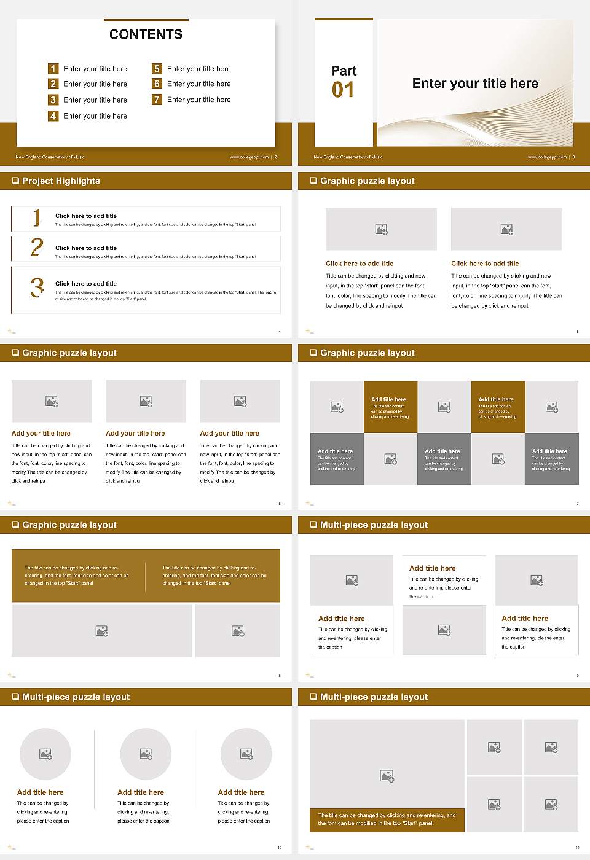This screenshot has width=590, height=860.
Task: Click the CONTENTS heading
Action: pos(146,34)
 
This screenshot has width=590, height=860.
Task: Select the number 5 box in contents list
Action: pos(157,68)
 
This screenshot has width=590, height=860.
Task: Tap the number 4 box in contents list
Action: pos(53,115)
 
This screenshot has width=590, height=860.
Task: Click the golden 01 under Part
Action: pos(343,90)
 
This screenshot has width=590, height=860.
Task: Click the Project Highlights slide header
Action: pos(60,181)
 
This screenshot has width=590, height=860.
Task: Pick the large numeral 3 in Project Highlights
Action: pos(37,287)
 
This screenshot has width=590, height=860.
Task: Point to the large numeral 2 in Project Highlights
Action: pos(37,248)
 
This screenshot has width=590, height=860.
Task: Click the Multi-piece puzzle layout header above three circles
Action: pos(76,697)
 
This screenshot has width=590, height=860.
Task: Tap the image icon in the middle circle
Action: pos(146,753)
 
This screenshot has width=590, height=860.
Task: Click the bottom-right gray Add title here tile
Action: pos(551,459)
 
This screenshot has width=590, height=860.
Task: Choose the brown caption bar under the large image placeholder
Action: pos(387,819)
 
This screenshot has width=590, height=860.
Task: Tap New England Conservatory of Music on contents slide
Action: pos(50,157)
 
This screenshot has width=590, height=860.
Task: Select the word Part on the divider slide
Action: pos(344,71)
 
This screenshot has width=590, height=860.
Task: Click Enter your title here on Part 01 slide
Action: pos(475,84)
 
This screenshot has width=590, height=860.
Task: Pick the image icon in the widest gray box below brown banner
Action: pos(102,630)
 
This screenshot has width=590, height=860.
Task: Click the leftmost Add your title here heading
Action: pos(41,433)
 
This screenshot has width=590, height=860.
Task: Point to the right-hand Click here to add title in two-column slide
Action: pos(485,264)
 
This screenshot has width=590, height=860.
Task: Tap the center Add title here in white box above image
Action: pos(432,568)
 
